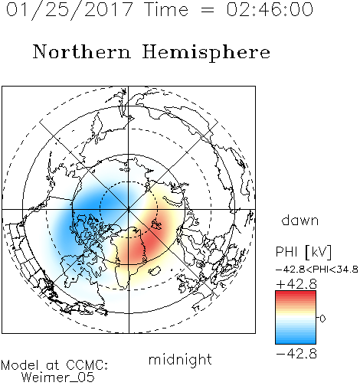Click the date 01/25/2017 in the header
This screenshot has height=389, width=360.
[70, 10]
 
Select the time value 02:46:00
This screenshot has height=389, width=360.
[270, 9]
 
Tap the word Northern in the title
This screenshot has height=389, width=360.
[82, 51]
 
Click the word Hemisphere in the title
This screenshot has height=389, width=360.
[206, 53]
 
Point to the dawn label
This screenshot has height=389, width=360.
[300, 220]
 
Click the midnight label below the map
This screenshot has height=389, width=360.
[180, 359]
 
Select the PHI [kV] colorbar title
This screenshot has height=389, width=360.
[303, 252]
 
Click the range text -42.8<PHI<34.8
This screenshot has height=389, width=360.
[317, 270]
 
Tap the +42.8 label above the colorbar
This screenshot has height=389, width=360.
[296, 284]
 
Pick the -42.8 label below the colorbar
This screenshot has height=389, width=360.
[296, 354]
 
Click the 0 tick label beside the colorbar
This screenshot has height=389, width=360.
[322, 319]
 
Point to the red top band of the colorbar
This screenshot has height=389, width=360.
[296, 295]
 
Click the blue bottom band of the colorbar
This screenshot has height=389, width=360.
[296, 340]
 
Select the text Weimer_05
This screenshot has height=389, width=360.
[57, 378]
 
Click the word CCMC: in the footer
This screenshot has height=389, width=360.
[87, 365]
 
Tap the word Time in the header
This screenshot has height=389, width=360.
[166, 9]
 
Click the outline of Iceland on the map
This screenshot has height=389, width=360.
[155, 270]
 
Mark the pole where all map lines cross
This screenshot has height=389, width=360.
[129, 210]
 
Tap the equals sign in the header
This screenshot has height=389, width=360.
[207, 10]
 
